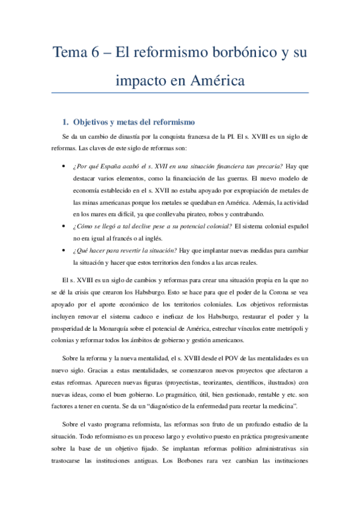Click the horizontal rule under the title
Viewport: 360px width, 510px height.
click(180, 93)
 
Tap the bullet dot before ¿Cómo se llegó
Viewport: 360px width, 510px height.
click(64, 226)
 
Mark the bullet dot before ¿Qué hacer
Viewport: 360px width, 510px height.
click(64, 249)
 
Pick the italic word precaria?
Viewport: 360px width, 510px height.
click(266, 167)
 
